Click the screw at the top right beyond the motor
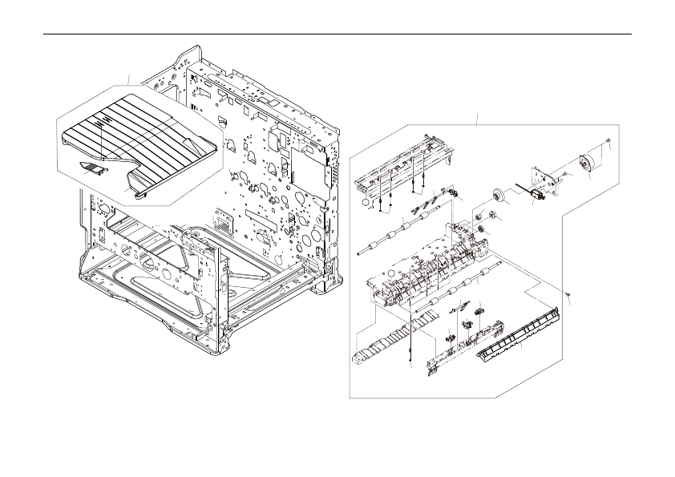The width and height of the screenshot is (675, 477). (x=610, y=143)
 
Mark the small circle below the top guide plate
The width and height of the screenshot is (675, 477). (x=366, y=204)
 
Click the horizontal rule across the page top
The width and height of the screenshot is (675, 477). (x=337, y=34)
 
